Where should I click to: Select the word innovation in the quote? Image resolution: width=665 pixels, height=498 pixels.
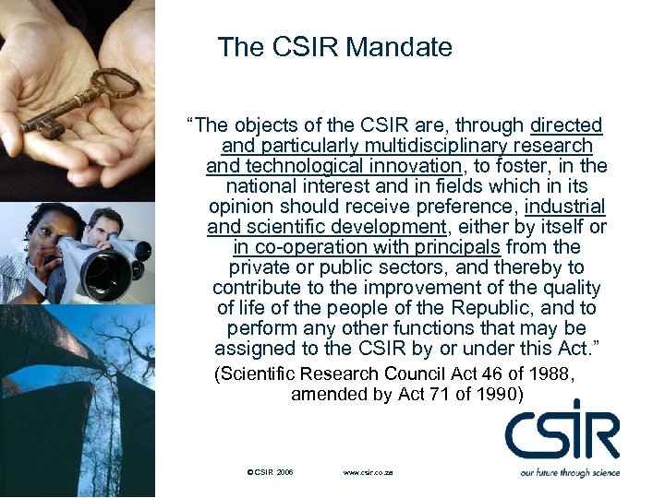407,166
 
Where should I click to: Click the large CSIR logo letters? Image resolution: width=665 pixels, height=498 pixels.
562,433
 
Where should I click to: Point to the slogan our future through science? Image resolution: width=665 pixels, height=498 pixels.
569,472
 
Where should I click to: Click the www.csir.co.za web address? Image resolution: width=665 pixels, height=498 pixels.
368,472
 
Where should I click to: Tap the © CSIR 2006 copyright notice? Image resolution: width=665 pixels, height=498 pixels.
271,472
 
